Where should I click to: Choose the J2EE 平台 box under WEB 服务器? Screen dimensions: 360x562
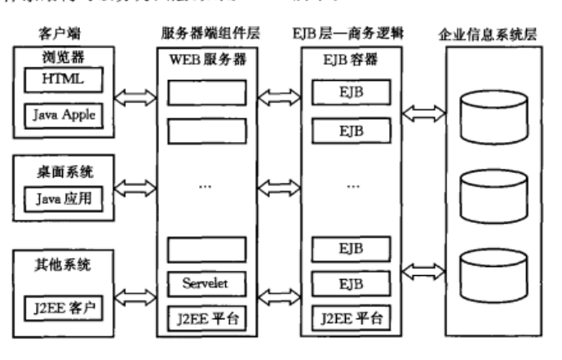(x=206, y=316)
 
